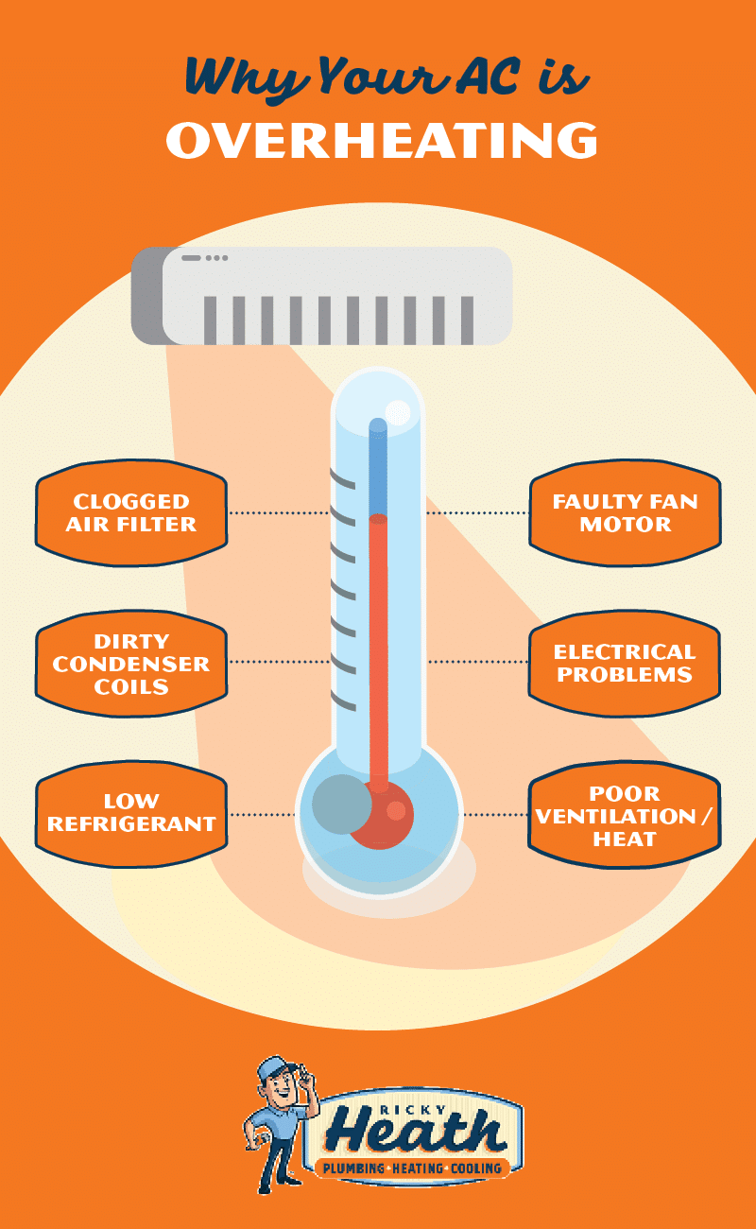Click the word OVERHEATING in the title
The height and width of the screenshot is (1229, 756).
tap(382, 141)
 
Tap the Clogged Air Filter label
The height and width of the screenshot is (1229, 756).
tap(131, 513)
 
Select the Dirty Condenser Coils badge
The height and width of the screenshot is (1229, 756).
tap(131, 664)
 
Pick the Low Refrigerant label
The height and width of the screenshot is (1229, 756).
tap(131, 814)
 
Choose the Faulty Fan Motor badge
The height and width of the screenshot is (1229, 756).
tap(625, 513)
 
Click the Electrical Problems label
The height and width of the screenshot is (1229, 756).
tap(625, 664)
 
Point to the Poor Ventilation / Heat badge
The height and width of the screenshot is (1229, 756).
tap(625, 815)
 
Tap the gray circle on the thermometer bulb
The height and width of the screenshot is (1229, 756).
tap(342, 805)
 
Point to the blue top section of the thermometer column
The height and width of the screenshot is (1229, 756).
tap(378, 466)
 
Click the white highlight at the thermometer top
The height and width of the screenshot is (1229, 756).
tap(398, 413)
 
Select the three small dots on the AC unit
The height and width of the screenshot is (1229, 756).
tap(216, 258)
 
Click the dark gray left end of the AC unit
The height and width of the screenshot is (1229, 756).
tap(147, 296)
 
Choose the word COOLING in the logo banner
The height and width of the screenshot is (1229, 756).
tap(476, 1168)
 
